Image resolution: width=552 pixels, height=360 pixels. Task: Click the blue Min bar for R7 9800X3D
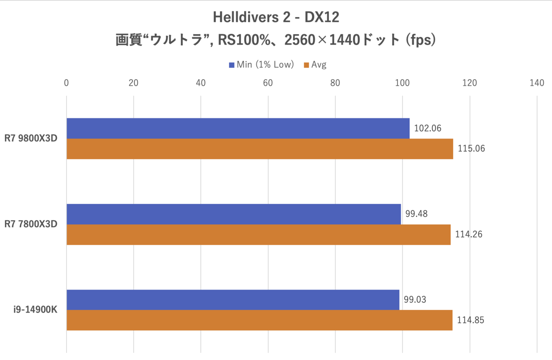point(238,128)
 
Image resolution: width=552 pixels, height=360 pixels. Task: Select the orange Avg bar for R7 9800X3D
point(260,149)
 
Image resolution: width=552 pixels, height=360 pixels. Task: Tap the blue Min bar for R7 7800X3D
point(234,214)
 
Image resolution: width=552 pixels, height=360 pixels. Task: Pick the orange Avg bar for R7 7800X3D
point(259,234)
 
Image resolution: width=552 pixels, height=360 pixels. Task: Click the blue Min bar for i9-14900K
point(233,300)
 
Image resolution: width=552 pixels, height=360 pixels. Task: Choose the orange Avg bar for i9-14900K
point(259,320)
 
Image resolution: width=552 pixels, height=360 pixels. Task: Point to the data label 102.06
point(428,128)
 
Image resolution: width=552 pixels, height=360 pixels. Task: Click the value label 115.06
point(471,149)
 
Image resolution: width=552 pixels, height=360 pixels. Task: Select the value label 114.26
point(468,234)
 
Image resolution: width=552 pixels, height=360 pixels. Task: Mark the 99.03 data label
point(415,300)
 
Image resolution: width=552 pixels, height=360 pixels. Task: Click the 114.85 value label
point(470,320)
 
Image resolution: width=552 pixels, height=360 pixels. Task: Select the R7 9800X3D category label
point(31,139)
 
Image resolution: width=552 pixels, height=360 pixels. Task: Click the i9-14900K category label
point(35,310)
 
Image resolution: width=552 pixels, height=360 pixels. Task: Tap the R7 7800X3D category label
point(31,224)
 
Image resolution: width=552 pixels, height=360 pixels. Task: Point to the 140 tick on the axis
point(537,83)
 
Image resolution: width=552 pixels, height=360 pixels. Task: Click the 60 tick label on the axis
point(268,83)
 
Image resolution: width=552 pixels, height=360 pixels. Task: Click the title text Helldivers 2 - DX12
point(276,18)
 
